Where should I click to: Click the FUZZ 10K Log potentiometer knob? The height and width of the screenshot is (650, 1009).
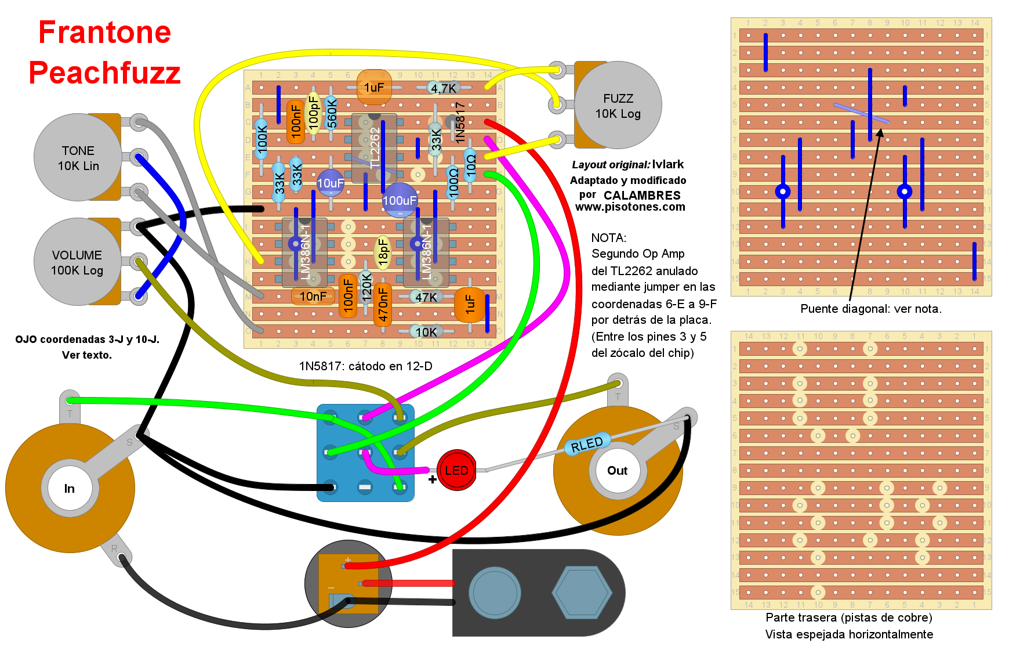click(x=618, y=106)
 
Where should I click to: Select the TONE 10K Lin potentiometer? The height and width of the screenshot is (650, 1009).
click(x=78, y=157)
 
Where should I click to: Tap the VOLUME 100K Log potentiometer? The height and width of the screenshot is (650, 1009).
click(x=77, y=262)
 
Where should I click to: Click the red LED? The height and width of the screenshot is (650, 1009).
click(x=456, y=470)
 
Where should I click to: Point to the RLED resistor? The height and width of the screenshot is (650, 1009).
click(x=587, y=444)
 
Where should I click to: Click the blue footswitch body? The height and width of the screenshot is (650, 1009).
click(x=365, y=453)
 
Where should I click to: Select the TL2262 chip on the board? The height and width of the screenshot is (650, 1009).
click(x=374, y=148)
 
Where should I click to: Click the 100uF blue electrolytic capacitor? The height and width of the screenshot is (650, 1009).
click(x=400, y=200)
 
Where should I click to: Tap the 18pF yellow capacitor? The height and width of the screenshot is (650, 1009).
click(x=383, y=252)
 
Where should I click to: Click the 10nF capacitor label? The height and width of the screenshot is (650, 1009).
click(x=313, y=297)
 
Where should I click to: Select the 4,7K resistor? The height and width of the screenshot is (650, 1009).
click(x=444, y=88)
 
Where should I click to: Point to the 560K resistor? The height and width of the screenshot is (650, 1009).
click(x=332, y=112)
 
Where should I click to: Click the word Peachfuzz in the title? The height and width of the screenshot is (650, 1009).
click(x=105, y=73)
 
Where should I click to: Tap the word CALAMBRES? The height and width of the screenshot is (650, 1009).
click(x=642, y=196)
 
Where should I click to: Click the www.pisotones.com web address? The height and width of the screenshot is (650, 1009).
click(x=630, y=207)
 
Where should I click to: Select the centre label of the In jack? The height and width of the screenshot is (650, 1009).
click(x=70, y=489)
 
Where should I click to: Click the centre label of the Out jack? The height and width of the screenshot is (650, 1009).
click(x=617, y=471)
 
